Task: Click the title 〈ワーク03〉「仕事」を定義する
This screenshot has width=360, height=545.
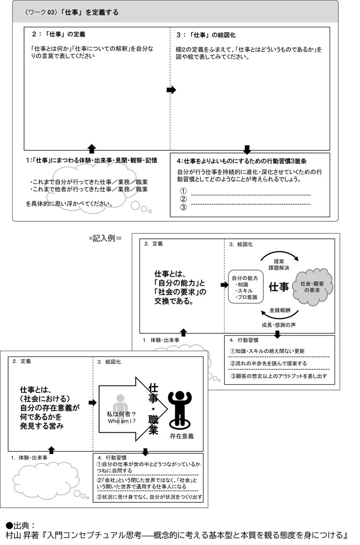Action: (72, 12)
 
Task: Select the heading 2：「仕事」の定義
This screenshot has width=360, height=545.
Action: (59, 35)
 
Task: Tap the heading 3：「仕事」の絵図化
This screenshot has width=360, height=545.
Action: (206, 35)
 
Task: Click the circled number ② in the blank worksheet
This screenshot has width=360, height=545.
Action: (183, 199)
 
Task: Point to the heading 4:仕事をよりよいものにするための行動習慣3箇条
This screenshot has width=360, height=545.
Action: (242, 161)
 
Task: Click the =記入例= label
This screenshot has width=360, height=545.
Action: (105, 238)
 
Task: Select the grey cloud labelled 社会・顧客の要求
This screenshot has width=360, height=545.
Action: (312, 287)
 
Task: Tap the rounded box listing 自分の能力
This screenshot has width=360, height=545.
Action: (246, 287)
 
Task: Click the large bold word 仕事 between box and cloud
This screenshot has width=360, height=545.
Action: (279, 287)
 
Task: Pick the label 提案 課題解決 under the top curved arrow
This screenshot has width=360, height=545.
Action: (279, 265)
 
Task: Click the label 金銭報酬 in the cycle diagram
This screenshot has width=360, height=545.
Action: (280, 310)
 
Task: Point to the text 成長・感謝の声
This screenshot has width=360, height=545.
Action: (279, 325)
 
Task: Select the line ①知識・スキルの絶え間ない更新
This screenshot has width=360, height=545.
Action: (267, 351)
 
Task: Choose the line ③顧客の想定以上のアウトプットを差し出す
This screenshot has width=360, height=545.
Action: (279, 376)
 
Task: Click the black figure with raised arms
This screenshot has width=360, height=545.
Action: (180, 410)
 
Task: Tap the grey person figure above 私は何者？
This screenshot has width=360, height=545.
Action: (120, 410)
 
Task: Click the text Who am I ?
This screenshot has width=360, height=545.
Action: (122, 421)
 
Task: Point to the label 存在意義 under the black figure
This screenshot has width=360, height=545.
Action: (182, 436)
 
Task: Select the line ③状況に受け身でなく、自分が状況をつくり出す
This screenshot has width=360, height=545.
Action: (149, 497)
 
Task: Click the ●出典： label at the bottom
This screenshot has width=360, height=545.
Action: (20, 526)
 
